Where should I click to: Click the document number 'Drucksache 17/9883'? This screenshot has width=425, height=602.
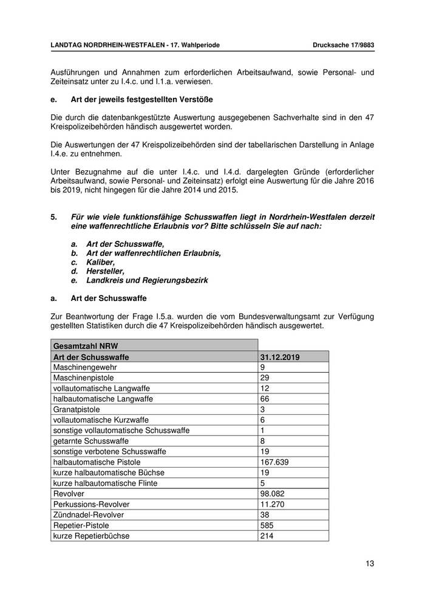click(x=343, y=45)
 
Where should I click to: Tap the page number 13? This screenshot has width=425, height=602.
click(x=370, y=563)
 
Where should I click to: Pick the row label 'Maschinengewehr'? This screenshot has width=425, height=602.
click(x=85, y=368)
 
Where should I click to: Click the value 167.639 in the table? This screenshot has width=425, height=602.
click(x=274, y=462)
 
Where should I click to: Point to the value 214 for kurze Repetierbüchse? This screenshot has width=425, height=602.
click(x=267, y=536)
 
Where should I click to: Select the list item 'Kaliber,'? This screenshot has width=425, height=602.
click(x=100, y=262)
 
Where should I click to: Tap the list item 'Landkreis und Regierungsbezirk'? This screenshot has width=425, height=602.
click(x=147, y=280)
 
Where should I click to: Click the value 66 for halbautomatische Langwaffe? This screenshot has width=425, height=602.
click(x=264, y=400)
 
